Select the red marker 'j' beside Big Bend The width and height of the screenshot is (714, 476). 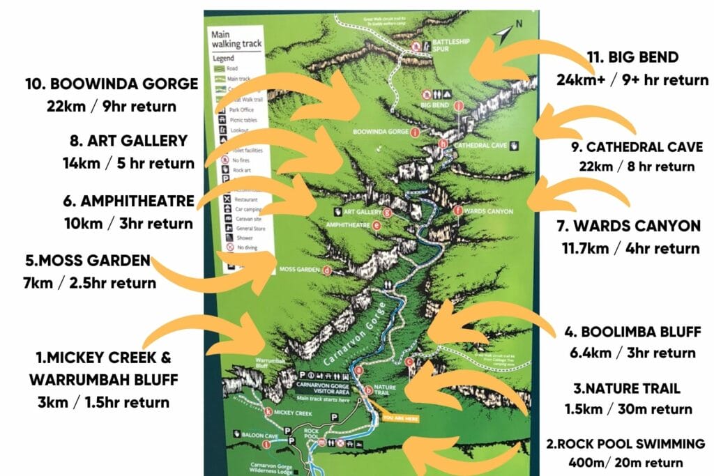click(x=458, y=106)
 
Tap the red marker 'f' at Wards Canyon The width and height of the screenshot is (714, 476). click(x=457, y=210)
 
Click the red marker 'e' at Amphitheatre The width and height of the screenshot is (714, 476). click(x=377, y=225)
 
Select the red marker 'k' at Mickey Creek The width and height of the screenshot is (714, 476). click(x=268, y=411)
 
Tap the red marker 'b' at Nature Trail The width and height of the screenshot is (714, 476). click(x=369, y=390)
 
